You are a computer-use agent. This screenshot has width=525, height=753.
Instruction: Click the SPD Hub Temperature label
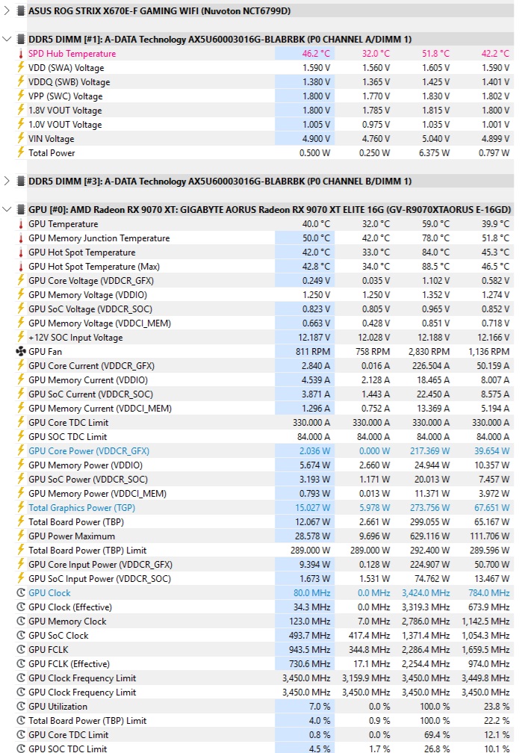[x=72, y=54]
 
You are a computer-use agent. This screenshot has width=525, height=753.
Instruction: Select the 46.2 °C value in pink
[x=316, y=54]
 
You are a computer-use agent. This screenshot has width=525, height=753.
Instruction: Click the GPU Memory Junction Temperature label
[x=99, y=238]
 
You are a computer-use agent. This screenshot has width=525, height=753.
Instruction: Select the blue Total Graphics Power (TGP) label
[x=81, y=508]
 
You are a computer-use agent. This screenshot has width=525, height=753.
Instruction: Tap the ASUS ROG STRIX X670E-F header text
[x=159, y=11]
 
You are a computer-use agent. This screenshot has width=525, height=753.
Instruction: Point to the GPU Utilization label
[x=58, y=707]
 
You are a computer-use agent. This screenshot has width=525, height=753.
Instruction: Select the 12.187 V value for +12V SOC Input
[x=311, y=338]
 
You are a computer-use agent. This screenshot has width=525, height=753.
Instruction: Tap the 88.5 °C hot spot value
[x=434, y=267]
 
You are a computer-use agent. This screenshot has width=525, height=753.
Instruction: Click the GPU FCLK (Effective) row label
[x=69, y=664]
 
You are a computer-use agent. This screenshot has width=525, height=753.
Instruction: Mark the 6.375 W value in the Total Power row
[x=433, y=153]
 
